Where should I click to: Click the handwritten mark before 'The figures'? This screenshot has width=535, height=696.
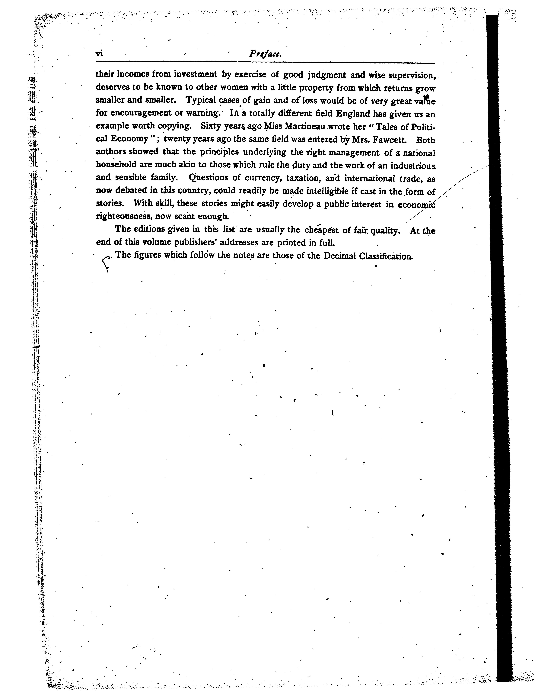[106, 264]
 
